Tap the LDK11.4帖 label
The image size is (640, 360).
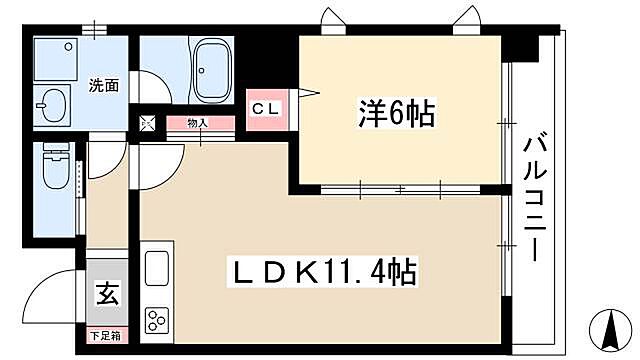[325, 271]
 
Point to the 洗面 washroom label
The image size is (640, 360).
[104, 85]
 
